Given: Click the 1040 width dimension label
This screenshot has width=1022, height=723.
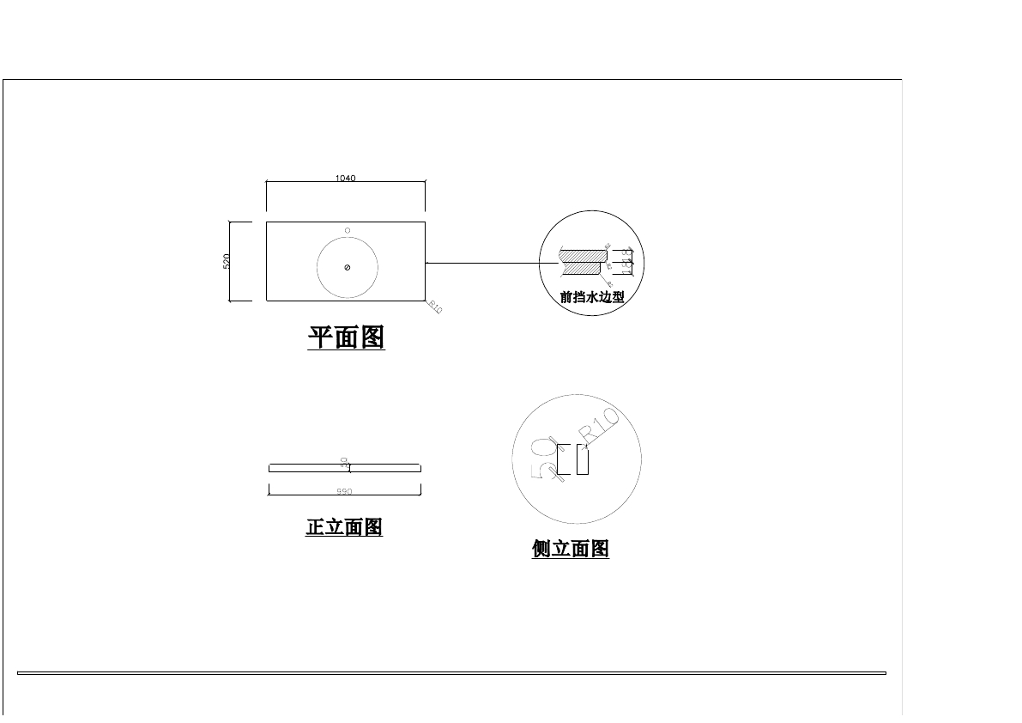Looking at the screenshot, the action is point(345,179).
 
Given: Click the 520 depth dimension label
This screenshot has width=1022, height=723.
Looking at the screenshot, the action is point(227,261).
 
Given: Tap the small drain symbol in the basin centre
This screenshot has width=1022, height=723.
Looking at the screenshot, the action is point(347,268).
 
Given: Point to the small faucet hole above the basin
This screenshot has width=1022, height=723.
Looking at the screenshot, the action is point(348,230).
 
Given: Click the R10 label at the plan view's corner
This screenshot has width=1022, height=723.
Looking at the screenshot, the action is point(435,307).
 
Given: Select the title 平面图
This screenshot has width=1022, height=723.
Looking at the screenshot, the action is point(346,337).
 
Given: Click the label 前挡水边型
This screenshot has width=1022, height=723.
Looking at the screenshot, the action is point(592,298).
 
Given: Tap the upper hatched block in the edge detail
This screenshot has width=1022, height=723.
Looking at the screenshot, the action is point(583,255).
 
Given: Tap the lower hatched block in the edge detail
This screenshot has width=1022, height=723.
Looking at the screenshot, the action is point(583,270).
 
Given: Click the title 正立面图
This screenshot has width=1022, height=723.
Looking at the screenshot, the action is point(344,527).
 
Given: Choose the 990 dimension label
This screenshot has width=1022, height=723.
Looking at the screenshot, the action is point(344,492).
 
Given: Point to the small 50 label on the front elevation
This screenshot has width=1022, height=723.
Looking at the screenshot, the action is point(344,462).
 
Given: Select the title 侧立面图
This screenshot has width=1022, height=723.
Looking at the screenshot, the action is point(571,549).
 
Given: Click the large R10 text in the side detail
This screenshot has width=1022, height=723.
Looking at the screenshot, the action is point(600,427).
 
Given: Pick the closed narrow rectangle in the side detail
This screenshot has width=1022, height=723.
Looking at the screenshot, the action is point(583,460).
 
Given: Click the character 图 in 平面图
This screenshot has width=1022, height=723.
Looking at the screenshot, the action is point(372,337).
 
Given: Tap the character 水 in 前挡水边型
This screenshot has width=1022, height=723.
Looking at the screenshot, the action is point(592,298).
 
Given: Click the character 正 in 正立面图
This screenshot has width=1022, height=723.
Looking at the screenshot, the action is point(315,527).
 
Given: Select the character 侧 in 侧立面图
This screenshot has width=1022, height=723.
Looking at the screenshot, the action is point(541,549).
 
